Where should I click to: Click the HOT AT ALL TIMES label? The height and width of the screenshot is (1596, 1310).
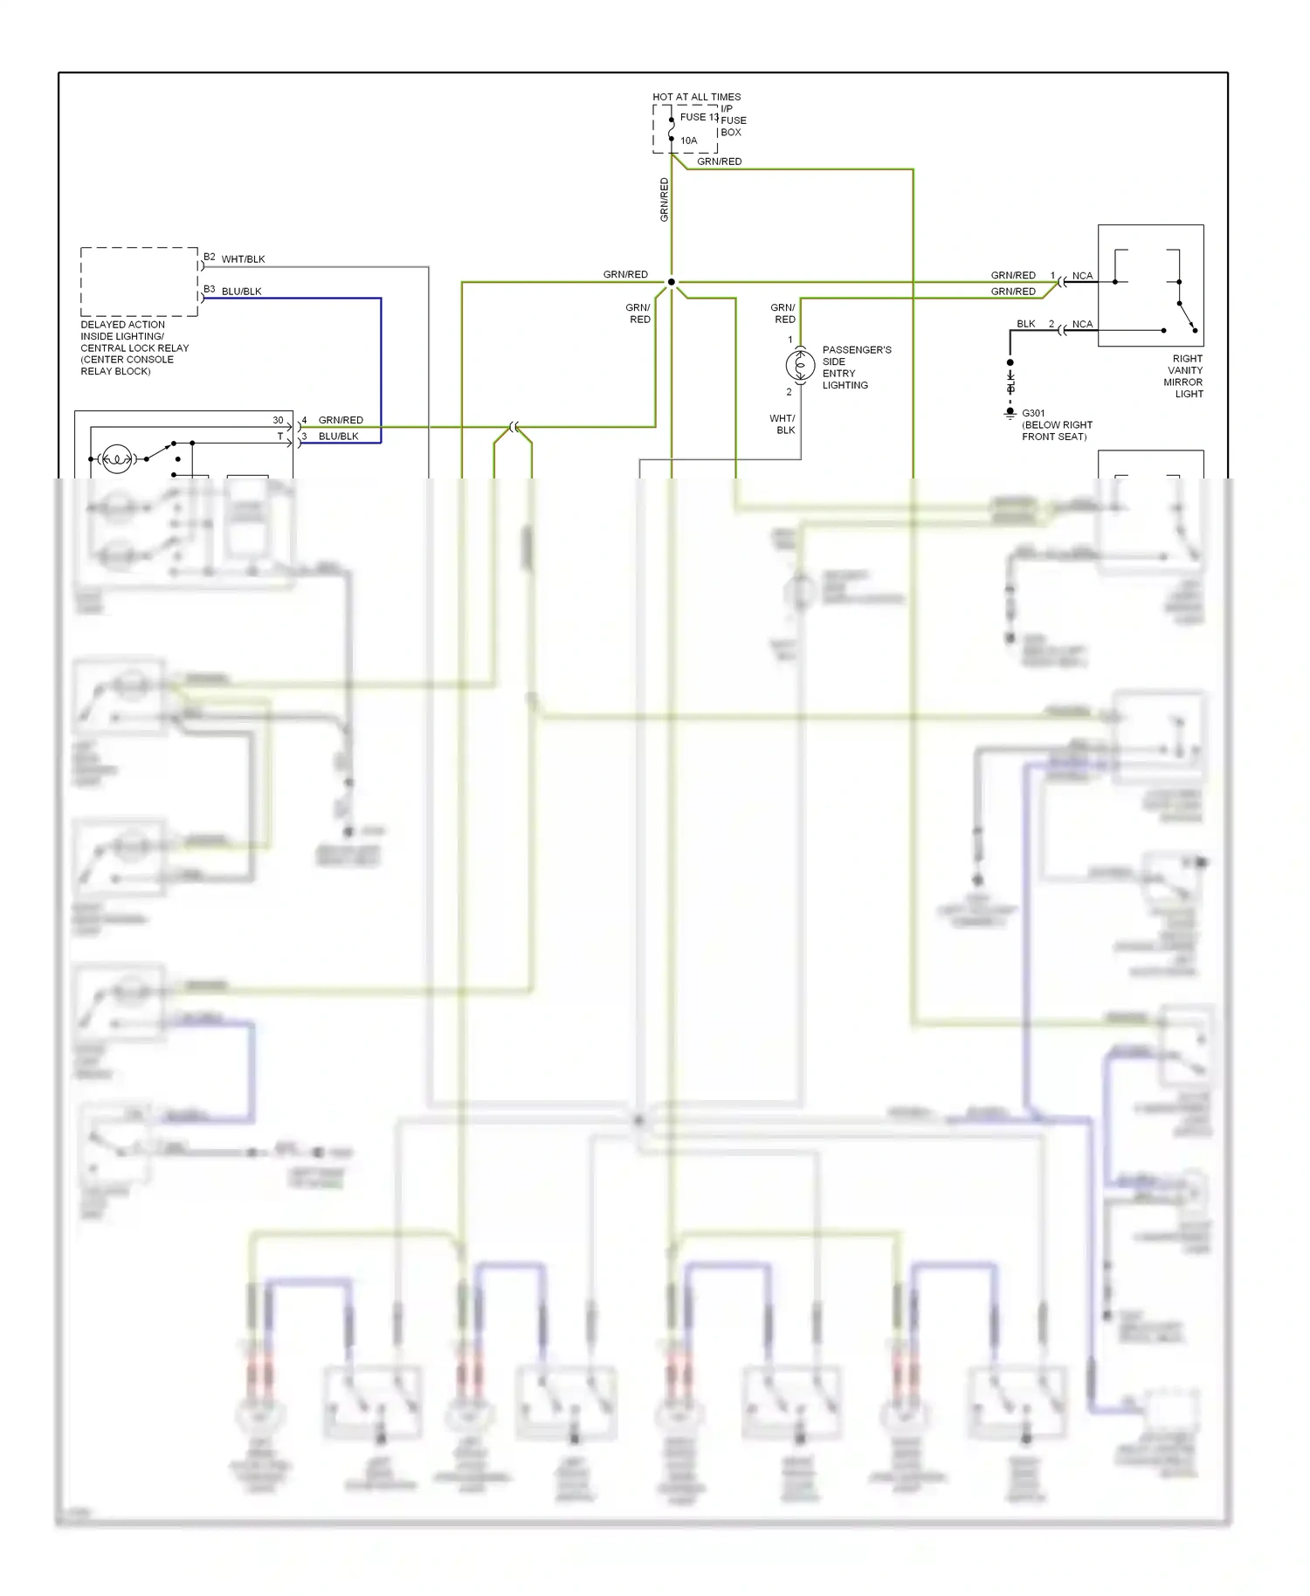point(696,97)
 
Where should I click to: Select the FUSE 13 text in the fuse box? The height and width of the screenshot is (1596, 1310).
point(699,117)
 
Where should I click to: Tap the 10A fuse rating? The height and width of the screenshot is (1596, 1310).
point(689,141)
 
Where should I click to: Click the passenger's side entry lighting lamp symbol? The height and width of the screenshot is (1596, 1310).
point(800,365)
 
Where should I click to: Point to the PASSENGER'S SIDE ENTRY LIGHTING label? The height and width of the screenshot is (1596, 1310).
point(856,368)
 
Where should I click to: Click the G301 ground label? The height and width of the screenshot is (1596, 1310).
point(1033,413)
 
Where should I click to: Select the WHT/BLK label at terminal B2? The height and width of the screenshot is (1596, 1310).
point(243,259)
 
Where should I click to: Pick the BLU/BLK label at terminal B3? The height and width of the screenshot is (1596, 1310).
point(241,292)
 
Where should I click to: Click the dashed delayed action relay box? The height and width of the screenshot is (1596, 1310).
point(139,281)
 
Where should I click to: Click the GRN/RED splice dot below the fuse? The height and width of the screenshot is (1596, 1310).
point(671,282)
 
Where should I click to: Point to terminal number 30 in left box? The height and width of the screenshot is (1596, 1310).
point(278,420)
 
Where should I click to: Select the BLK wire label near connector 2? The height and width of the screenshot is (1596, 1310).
point(1025,324)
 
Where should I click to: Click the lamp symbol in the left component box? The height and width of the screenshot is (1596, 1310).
point(117,458)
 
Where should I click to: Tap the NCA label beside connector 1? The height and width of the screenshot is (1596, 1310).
point(1082,276)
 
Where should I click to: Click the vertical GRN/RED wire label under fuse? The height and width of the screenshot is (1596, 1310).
point(664,199)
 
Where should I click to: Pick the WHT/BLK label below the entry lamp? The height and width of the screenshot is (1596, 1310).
point(783,424)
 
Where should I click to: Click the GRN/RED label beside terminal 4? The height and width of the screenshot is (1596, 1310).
point(341,420)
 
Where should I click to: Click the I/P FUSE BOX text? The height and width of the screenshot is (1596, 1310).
point(733,120)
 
